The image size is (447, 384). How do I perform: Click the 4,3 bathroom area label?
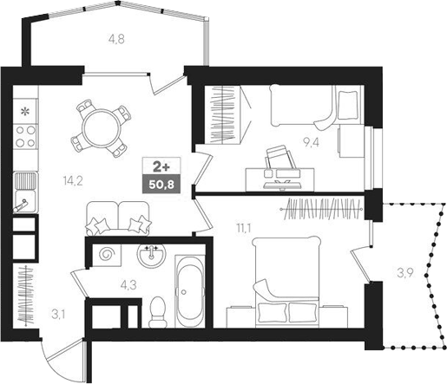pyautogui.click(x=127, y=282)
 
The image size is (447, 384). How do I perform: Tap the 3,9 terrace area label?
pyautogui.click(x=404, y=273)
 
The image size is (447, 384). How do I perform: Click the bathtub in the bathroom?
pyautogui.click(x=187, y=290)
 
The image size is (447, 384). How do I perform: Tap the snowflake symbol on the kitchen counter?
pyautogui.click(x=25, y=111)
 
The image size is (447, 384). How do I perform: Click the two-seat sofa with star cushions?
pyautogui.click(x=119, y=218)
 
